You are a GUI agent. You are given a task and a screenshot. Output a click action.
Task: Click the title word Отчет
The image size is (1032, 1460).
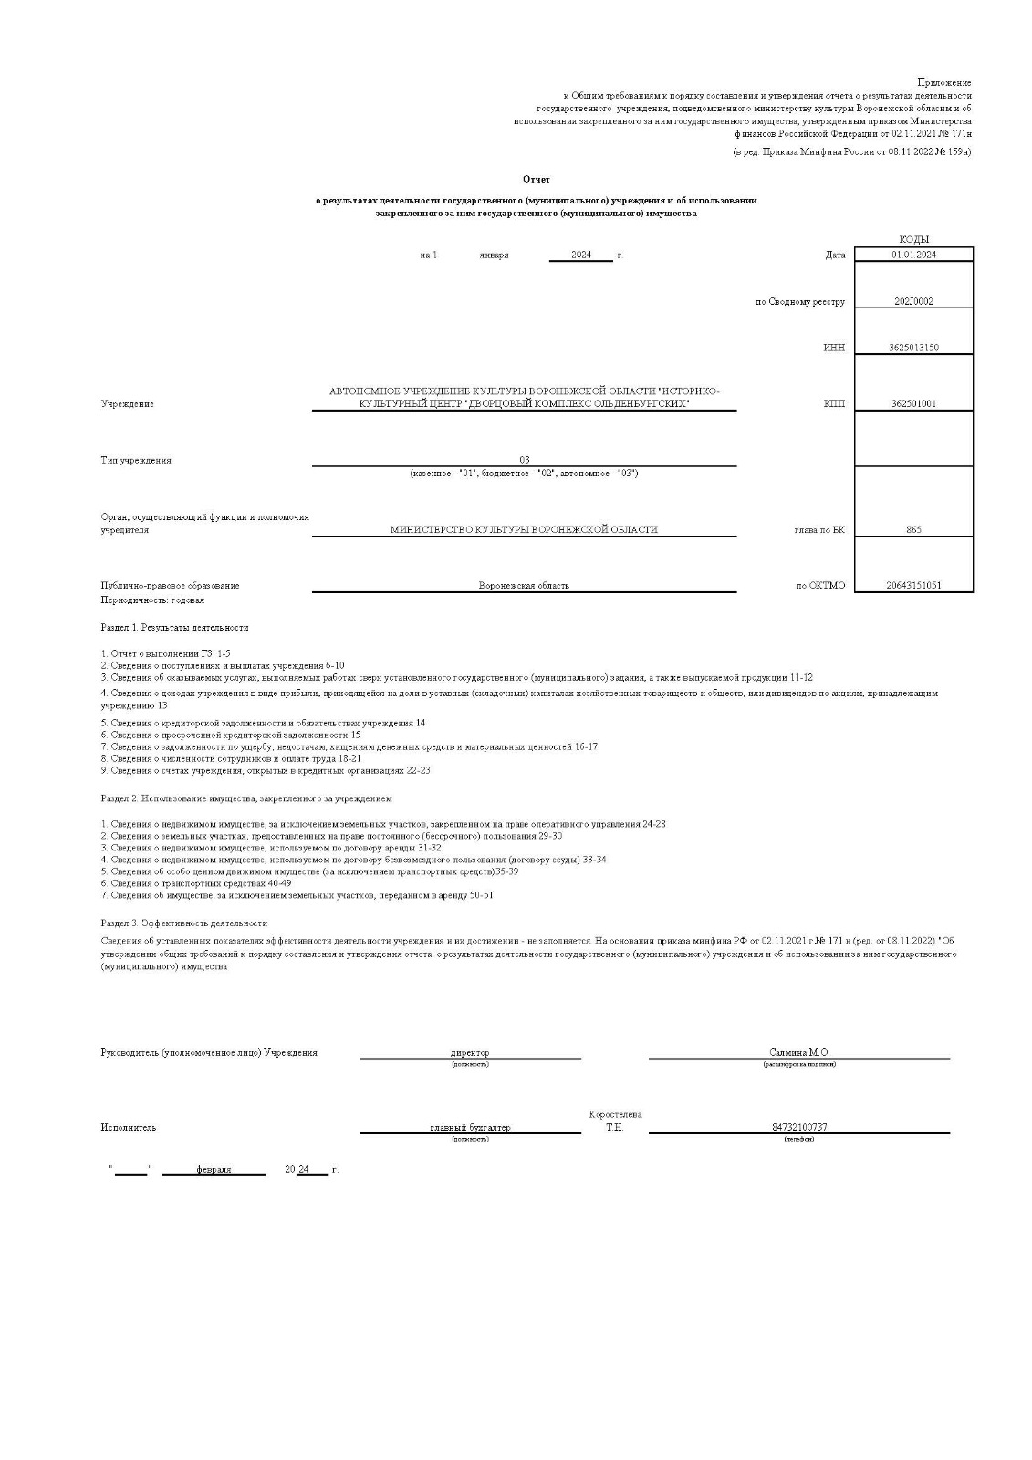point(537,179)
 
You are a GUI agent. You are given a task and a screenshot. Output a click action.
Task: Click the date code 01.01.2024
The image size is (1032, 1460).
point(913,255)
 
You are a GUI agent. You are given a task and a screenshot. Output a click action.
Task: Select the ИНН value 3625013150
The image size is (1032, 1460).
point(913,348)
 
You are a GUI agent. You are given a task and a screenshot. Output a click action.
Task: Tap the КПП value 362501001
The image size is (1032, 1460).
point(913,404)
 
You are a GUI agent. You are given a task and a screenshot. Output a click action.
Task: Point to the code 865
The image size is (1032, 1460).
point(913,529)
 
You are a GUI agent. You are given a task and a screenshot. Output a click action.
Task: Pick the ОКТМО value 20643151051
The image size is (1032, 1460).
point(913,586)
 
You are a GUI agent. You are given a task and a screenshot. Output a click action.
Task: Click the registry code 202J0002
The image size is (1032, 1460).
point(913,302)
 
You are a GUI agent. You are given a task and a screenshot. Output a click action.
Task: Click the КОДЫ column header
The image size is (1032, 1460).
point(913,239)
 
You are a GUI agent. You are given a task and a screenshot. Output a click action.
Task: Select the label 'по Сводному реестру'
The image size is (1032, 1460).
point(800,302)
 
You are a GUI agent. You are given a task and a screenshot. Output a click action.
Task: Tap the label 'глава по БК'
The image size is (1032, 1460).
point(819,529)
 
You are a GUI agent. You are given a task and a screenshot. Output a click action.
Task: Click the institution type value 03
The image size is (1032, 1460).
point(524,460)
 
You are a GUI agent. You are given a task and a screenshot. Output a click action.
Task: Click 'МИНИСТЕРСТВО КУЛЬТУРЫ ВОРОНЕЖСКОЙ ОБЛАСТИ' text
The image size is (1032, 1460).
point(524,529)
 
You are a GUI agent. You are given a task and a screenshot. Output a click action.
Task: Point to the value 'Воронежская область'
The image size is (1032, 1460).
point(524,586)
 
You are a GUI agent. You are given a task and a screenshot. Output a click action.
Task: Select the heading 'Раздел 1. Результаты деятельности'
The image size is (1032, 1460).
point(174,628)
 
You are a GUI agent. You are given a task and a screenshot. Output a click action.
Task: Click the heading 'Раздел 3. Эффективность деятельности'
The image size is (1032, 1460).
point(183,923)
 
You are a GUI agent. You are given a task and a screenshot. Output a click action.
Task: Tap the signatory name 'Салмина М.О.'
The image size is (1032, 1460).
point(799,1052)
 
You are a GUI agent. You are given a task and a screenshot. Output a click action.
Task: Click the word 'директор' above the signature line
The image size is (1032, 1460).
point(470,1052)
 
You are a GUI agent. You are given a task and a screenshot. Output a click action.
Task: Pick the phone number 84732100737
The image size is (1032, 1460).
point(799,1127)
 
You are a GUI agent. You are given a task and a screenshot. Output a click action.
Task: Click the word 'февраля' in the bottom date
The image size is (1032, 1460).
point(214,1170)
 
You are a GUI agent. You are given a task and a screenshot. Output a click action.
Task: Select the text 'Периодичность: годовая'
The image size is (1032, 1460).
point(152,600)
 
